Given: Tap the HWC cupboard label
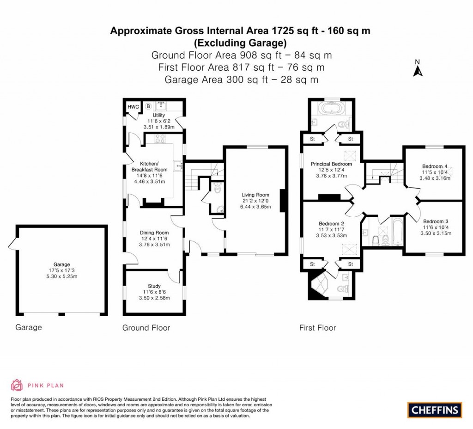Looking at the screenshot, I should [133, 107].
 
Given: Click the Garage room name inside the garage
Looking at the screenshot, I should [61, 264].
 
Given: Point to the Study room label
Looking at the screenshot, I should [154, 286].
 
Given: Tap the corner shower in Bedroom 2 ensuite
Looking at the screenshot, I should [318, 288].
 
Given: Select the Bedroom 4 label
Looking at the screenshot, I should [434, 166].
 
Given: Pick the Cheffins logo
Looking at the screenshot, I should [435, 410].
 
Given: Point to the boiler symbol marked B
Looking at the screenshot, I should [148, 106].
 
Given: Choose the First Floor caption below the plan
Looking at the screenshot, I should [317, 328].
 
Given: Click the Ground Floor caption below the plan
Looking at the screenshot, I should [146, 328].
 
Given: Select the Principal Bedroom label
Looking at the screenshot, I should [331, 164].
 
